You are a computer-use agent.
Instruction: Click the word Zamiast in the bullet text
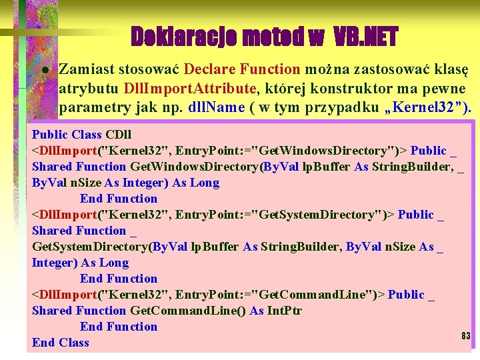pyautogui.click(x=86, y=69)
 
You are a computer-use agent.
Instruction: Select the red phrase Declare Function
pyautogui.click(x=242, y=69)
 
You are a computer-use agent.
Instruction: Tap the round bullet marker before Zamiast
pyautogui.click(x=44, y=69)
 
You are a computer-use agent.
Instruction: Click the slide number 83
pyautogui.click(x=465, y=335)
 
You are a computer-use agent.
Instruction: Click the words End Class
pyautogui.click(x=60, y=343)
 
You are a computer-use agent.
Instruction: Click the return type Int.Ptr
pyautogui.click(x=285, y=311)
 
